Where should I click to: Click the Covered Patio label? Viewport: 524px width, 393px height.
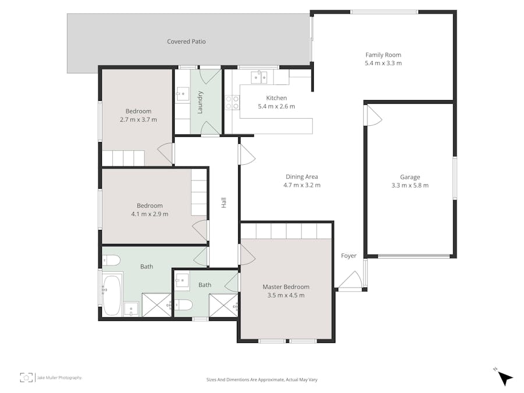(x=186, y=41)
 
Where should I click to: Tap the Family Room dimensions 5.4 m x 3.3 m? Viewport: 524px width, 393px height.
(x=383, y=63)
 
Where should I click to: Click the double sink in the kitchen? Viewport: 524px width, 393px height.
(x=259, y=77)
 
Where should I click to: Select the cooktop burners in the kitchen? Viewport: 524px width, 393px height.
(x=232, y=102)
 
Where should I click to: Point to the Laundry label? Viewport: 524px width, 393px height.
(x=200, y=102)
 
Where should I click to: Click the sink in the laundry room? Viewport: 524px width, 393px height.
(x=183, y=94)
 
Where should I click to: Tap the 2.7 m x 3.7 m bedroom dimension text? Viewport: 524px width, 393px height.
(x=139, y=119)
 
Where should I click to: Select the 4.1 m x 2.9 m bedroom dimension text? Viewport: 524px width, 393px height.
(x=150, y=214)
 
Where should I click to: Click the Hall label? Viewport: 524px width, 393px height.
(x=224, y=203)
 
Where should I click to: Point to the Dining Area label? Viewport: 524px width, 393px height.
(x=302, y=177)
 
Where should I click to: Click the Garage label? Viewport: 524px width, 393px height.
(x=410, y=177)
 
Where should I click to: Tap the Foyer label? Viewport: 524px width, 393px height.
(x=349, y=256)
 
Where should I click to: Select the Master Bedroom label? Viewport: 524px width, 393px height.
(x=286, y=286)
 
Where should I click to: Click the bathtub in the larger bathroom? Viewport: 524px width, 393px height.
(x=112, y=294)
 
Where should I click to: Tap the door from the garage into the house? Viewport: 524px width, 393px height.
(x=372, y=116)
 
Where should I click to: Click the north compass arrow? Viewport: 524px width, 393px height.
(x=505, y=378)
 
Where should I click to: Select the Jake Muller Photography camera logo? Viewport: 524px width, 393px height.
(x=26, y=377)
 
